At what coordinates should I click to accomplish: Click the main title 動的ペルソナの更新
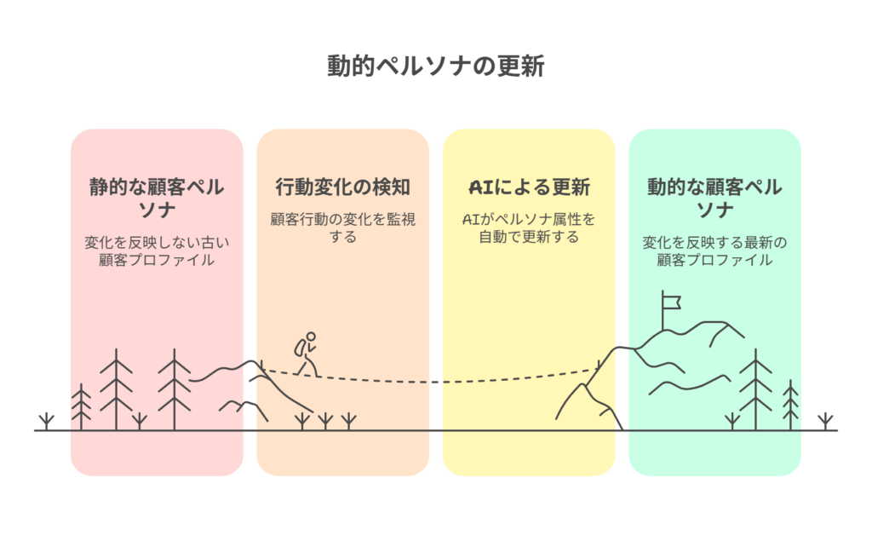tap(435, 66)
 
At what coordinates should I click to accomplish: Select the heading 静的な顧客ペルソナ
tap(157, 198)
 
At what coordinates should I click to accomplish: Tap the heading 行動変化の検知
tap(342, 187)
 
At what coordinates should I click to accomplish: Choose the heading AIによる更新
tap(529, 187)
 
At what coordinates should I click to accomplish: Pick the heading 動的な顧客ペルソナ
tap(714, 198)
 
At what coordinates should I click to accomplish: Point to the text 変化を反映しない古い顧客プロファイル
tap(157, 251)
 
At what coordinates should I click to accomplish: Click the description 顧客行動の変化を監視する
tap(342, 227)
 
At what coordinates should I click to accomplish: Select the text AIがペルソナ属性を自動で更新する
tap(529, 227)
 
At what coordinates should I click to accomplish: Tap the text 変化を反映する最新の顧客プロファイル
tap(714, 251)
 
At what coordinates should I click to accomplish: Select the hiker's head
tap(311, 337)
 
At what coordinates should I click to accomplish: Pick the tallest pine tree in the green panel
tap(754, 389)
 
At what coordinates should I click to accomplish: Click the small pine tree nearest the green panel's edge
tap(791, 405)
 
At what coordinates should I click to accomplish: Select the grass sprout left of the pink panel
tap(46, 421)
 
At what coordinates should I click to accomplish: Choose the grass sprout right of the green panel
tap(824, 421)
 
